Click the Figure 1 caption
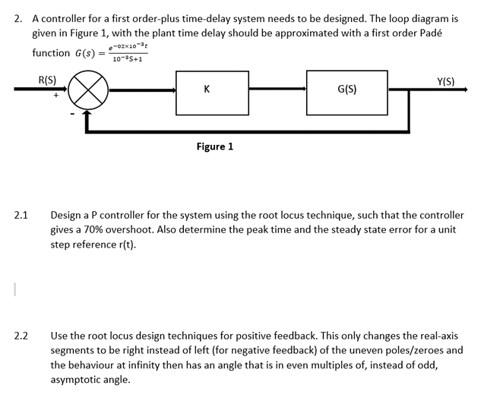click(x=214, y=146)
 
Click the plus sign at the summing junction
click(x=56, y=96)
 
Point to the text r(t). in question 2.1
click(x=125, y=245)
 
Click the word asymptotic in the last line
click(x=79, y=379)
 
